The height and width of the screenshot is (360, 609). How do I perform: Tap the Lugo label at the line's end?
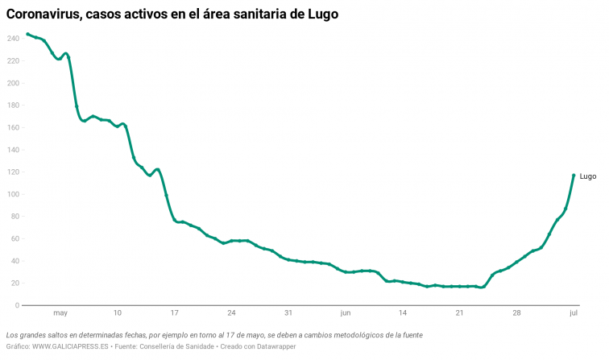pyautogui.click(x=588, y=176)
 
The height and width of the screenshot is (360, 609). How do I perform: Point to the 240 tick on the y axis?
pyautogui.click(x=12, y=39)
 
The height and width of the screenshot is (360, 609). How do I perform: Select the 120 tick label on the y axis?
pyautogui.click(x=12, y=172)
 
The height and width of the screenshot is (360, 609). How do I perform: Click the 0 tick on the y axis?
pyautogui.click(x=17, y=305)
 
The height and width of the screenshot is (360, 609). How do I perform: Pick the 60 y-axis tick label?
pyautogui.click(x=14, y=239)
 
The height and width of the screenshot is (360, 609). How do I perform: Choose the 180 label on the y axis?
pyautogui.click(x=12, y=106)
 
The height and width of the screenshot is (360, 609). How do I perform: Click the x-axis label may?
pyautogui.click(x=60, y=313)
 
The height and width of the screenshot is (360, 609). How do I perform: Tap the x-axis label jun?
pyautogui.click(x=346, y=313)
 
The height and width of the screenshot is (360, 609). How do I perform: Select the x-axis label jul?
pyautogui.click(x=573, y=313)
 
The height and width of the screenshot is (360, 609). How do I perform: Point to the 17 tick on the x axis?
pyautogui.click(x=174, y=313)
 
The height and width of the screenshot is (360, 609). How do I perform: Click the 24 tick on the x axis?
pyautogui.click(x=231, y=313)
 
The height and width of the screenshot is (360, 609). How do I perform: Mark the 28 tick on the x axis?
pyautogui.click(x=516, y=313)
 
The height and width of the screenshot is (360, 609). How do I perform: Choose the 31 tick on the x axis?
pyautogui.click(x=288, y=313)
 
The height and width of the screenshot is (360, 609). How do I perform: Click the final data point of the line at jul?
pyautogui.click(x=574, y=175)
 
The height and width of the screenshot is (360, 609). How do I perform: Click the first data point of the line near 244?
pyautogui.click(x=27, y=34)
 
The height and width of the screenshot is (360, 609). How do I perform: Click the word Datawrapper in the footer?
pyautogui.click(x=275, y=346)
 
